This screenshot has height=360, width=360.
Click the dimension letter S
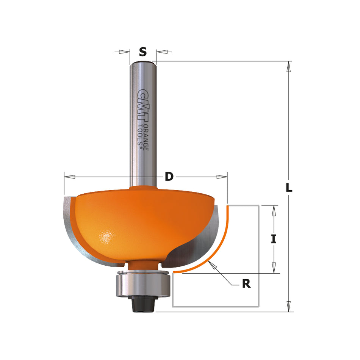142,52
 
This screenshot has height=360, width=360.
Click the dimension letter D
169,176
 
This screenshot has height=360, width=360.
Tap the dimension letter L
289,187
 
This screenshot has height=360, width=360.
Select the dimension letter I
274,239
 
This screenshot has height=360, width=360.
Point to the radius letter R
246,283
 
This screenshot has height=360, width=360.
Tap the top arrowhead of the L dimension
289,66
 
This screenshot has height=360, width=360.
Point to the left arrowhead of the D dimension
70,177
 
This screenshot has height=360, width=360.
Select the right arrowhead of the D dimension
222,177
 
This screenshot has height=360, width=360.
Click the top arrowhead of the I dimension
274,211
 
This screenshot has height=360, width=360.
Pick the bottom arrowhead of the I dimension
274,268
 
